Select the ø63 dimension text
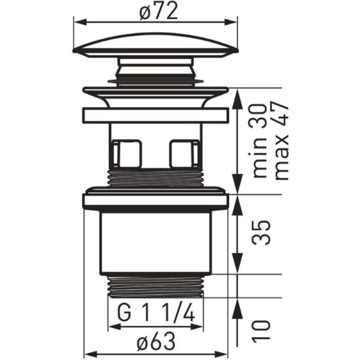coord(156,341)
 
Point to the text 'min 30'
coord(260,149)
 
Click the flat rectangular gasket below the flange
coord(155,116)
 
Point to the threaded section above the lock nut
coord(155,179)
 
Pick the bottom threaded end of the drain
coord(155,286)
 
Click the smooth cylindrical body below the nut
coord(155,243)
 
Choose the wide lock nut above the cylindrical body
coord(155,200)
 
